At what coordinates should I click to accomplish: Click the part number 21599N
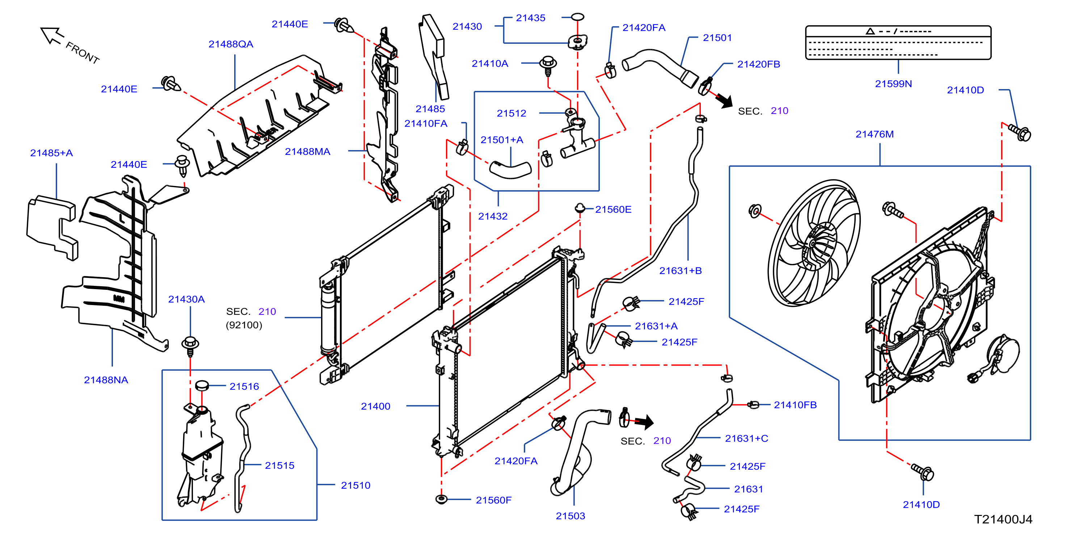[893, 84]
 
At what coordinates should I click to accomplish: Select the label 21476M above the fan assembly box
[874, 134]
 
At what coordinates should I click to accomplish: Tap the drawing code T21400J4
[1003, 520]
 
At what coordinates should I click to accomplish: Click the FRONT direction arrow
[52, 35]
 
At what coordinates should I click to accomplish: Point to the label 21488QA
[231, 44]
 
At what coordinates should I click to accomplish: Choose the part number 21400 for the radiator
[375, 406]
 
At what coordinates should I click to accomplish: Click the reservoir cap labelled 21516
[202, 385]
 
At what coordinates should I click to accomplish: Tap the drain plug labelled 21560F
[441, 499]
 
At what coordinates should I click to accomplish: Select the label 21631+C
[746, 439]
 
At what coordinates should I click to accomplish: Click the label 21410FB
[795, 405]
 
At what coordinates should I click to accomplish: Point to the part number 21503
[570, 516]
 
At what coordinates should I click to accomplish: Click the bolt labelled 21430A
[190, 346]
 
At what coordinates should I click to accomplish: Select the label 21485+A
[51, 153]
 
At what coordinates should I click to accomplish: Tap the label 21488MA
[307, 152]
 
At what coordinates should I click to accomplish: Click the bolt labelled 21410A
[548, 66]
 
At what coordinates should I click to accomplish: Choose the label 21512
[511, 113]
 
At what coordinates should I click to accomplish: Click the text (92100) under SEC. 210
[244, 325]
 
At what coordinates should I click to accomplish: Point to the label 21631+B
[681, 271]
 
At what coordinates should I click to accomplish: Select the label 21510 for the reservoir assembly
[355, 485]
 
